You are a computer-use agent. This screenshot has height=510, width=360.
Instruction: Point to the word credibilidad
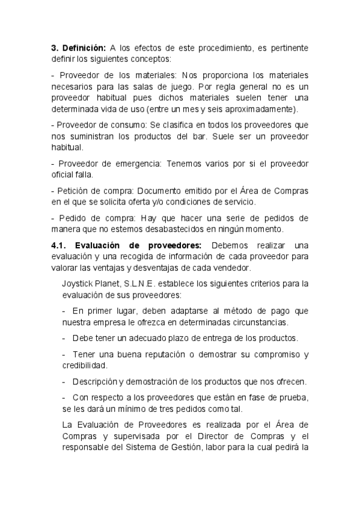84,365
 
